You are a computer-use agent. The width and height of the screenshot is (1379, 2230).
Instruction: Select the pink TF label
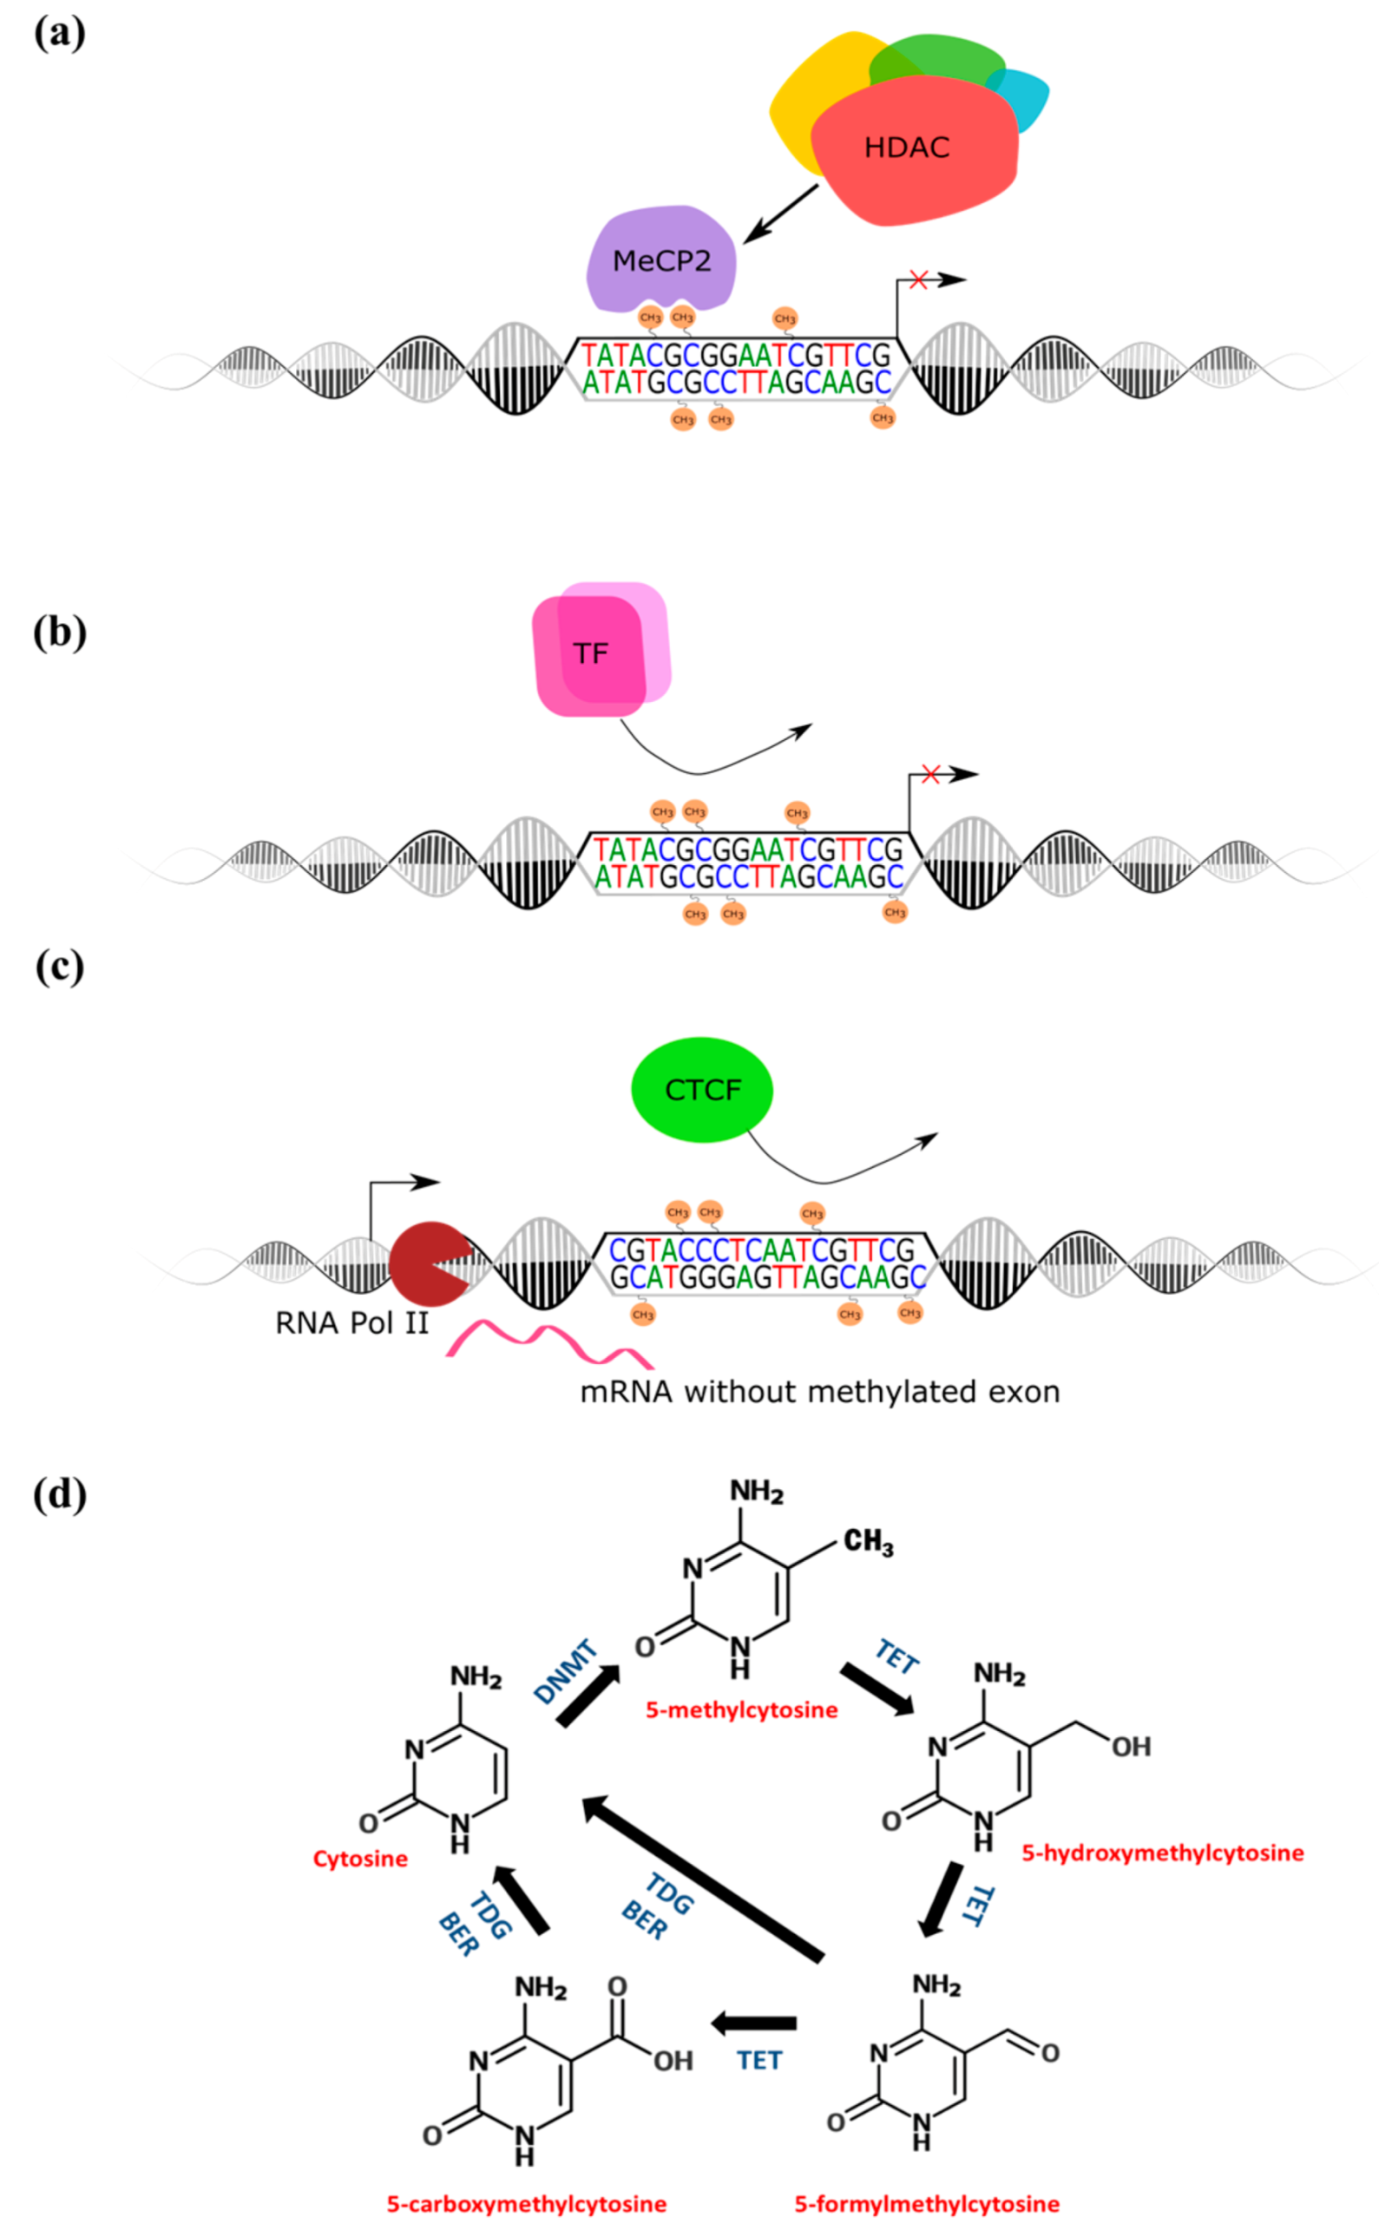point(591,653)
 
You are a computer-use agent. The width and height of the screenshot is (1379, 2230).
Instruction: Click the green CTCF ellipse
point(702,1090)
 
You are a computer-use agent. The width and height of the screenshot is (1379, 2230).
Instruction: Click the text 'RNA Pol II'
point(352,1323)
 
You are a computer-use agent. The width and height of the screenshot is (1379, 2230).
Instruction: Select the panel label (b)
point(59,632)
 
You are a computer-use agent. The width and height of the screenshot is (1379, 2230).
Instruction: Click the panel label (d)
point(59,1494)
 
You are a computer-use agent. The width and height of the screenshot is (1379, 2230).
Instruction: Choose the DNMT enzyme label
point(566,1671)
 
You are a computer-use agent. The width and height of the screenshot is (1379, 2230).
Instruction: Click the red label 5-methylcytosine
point(741,1710)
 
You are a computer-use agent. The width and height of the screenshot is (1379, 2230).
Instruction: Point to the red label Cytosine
point(360,1859)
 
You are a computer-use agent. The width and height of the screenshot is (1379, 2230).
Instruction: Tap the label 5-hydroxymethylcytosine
point(1162,1853)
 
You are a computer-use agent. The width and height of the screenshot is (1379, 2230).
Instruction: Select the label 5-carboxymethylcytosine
point(526,2205)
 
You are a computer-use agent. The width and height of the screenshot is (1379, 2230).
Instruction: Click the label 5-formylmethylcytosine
point(927,2205)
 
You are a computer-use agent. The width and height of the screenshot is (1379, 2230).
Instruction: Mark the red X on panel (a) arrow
point(917,280)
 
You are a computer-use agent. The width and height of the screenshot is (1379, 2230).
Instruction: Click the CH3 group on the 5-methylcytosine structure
point(867,1543)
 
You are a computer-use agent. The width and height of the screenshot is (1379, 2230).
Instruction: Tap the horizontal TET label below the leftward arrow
point(758,2061)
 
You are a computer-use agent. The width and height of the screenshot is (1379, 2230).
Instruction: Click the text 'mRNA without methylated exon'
point(820,1392)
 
